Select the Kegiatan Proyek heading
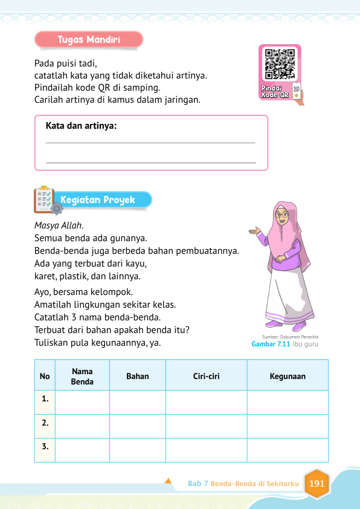coord(106,199)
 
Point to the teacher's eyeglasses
coord(282,215)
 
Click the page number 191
coord(317,484)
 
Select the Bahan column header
coord(137,376)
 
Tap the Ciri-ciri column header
coord(206,376)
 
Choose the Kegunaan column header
coord(288,376)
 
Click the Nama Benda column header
coord(82,376)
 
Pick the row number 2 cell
coord(45,423)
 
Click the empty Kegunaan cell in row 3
coord(288,449)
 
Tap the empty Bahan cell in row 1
coord(137,401)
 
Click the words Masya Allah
coord(59,225)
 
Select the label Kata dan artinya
coord(81,126)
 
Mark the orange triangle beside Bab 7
coord(168,481)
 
